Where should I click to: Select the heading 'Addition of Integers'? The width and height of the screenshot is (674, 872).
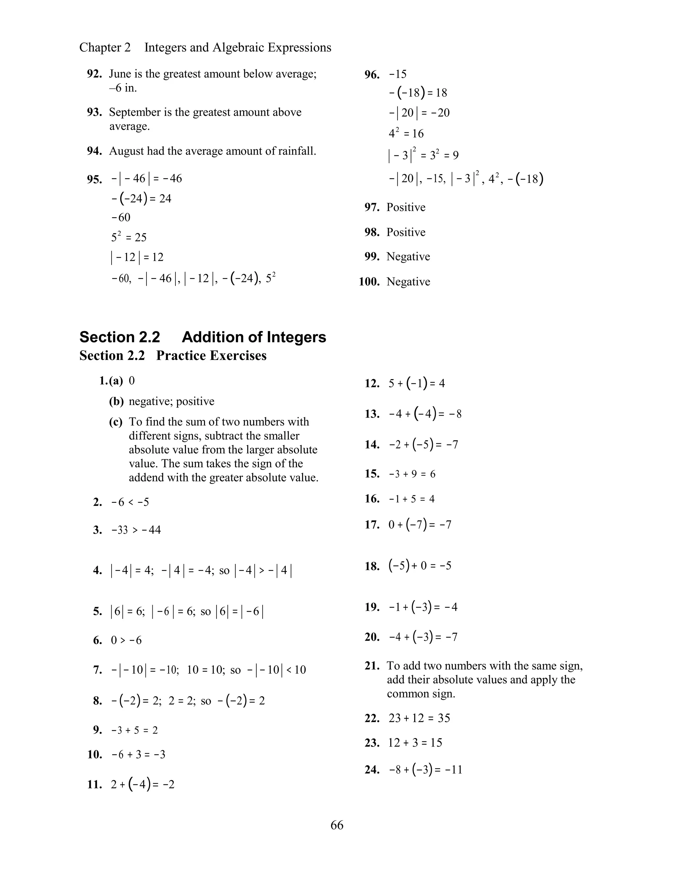(x=254, y=337)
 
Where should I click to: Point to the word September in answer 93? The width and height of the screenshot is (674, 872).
(x=134, y=112)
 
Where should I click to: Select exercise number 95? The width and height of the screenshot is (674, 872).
(x=94, y=179)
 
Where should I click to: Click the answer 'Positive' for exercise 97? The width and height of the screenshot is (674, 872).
(x=406, y=207)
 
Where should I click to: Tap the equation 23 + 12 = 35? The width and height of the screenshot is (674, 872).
(x=419, y=718)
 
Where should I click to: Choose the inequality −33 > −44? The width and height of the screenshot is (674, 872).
(x=136, y=530)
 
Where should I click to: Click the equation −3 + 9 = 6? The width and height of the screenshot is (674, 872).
(x=412, y=474)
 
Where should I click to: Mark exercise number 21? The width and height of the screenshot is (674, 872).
(x=372, y=666)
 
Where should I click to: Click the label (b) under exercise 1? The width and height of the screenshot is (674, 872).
(x=116, y=401)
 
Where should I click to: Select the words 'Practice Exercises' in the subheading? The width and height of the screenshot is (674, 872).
(x=211, y=355)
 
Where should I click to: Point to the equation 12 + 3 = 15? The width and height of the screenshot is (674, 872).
(x=415, y=743)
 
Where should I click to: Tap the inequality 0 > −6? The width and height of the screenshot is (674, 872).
(x=126, y=640)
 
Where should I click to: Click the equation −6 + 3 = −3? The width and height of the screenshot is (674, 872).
(x=138, y=755)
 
